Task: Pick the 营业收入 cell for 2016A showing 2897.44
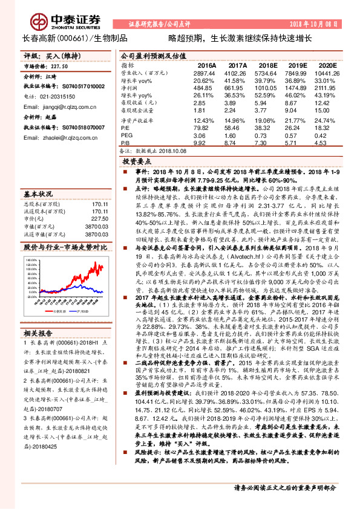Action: pos(204,72)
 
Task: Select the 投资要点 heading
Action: pos(137,163)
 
